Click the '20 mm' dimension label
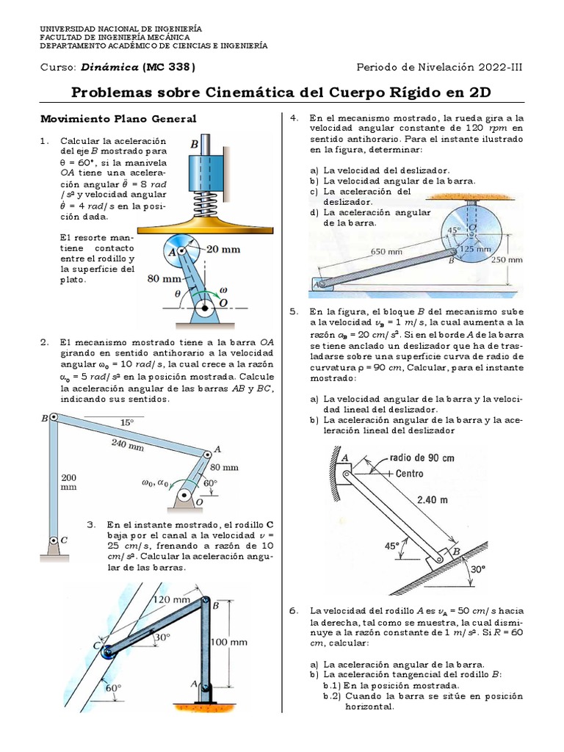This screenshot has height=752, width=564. pos(223,250)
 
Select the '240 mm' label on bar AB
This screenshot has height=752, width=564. pos(129,443)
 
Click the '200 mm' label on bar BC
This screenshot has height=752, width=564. pos(68,482)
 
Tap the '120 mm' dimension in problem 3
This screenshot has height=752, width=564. pos(171,599)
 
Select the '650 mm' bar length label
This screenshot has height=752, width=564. pos(386,251)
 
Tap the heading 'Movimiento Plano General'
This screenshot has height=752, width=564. pos(118,118)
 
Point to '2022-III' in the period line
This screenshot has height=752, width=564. pos(500,68)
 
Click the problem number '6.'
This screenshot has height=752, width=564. pos(294,610)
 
